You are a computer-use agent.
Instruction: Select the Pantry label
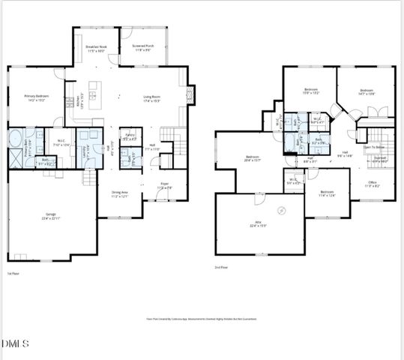(x=130, y=137)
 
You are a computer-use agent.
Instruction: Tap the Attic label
(x=258, y=223)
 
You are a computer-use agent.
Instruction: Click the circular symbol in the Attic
(x=282, y=209)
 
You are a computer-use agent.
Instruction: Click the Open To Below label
(x=375, y=148)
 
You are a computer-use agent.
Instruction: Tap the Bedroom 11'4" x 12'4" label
(x=327, y=193)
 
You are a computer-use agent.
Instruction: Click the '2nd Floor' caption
(x=222, y=267)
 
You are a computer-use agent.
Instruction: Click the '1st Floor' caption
(x=13, y=274)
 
